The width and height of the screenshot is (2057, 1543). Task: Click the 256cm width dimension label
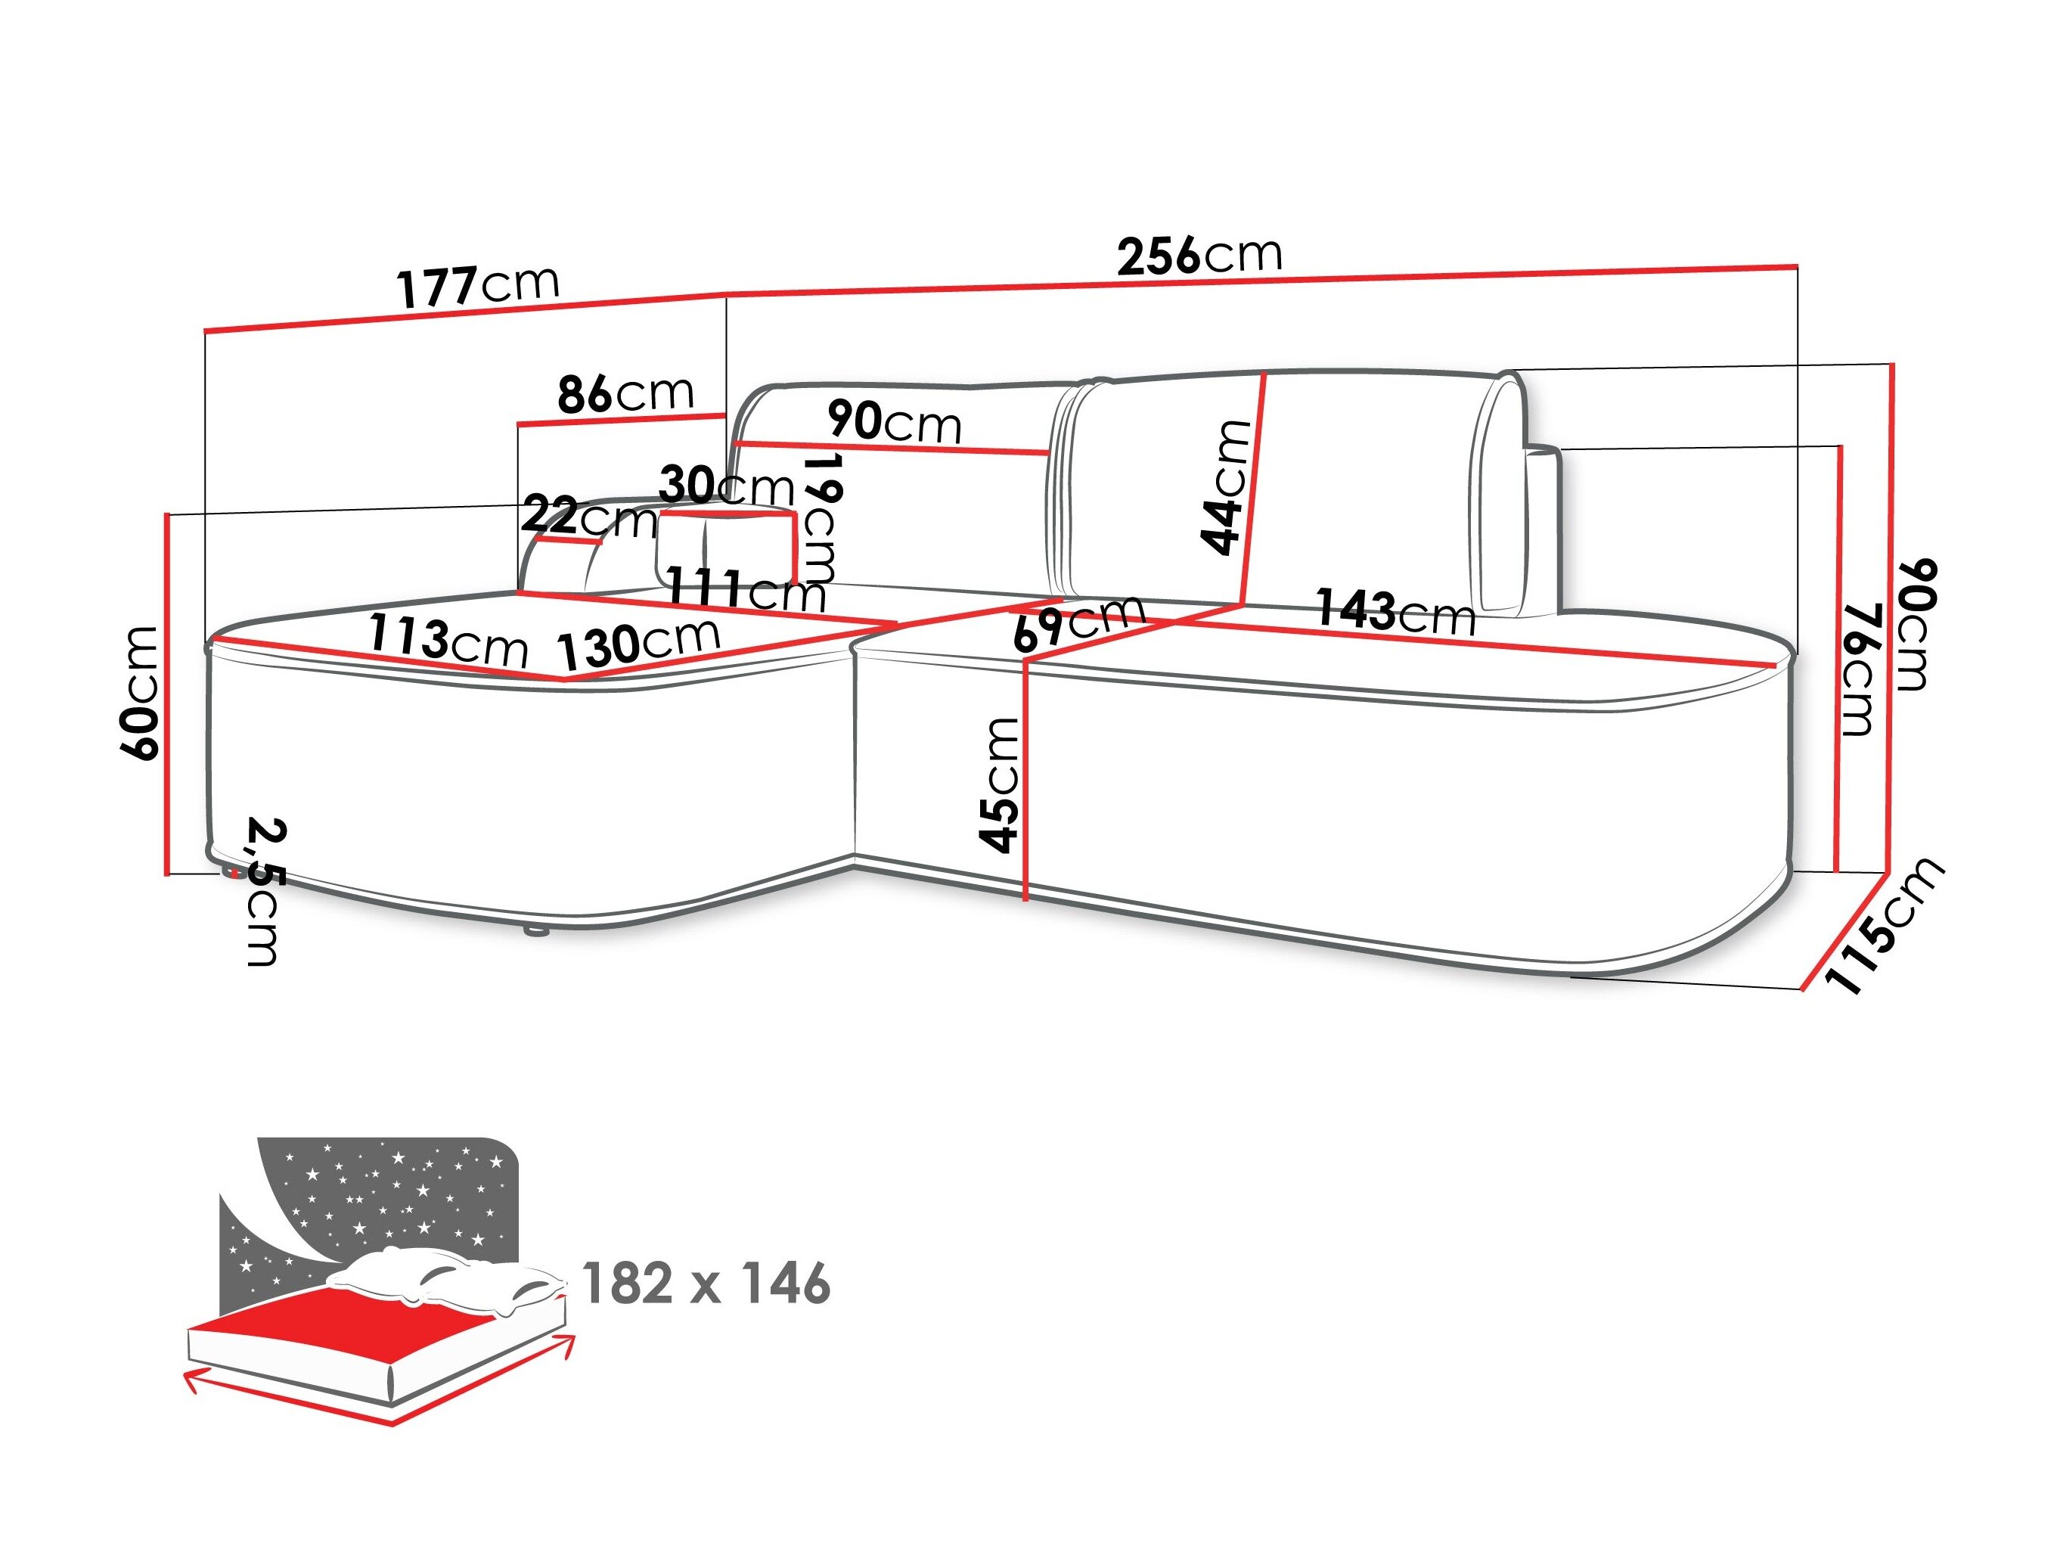(x=1199, y=256)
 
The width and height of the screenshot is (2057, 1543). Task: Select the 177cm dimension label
(x=478, y=286)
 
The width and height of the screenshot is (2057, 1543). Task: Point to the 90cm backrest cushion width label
(x=894, y=422)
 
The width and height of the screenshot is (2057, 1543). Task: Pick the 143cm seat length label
(x=1395, y=612)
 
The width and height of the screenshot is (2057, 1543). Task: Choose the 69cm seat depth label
(x=1078, y=621)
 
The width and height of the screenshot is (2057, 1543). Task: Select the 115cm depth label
(x=1884, y=926)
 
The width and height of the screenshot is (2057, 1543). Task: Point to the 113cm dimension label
(x=447, y=640)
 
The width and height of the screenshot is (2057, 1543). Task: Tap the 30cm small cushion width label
(x=726, y=486)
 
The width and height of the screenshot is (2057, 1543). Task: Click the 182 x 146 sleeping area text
(x=706, y=1284)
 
